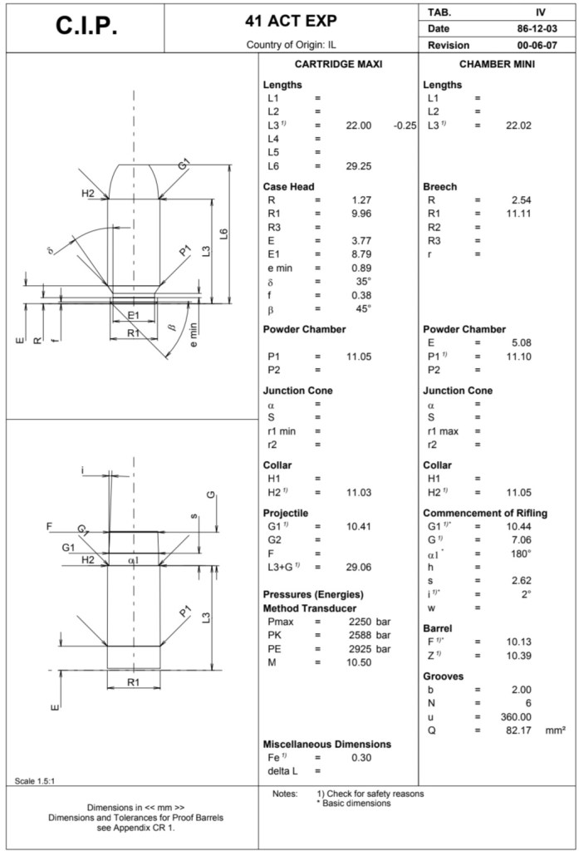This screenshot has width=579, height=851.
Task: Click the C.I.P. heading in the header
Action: click(87, 27)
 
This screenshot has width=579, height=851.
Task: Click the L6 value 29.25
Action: click(358, 166)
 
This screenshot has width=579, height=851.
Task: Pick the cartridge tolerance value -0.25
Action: click(405, 125)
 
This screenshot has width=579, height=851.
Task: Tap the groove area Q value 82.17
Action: click(518, 730)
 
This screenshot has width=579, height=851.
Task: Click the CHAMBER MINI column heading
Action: click(497, 64)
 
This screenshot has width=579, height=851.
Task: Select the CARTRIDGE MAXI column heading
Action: click(338, 64)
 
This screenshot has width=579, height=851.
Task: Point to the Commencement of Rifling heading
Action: click(485, 513)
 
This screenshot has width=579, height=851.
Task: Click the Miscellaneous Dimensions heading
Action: click(326, 744)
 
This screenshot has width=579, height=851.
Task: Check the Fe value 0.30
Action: click(360, 758)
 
